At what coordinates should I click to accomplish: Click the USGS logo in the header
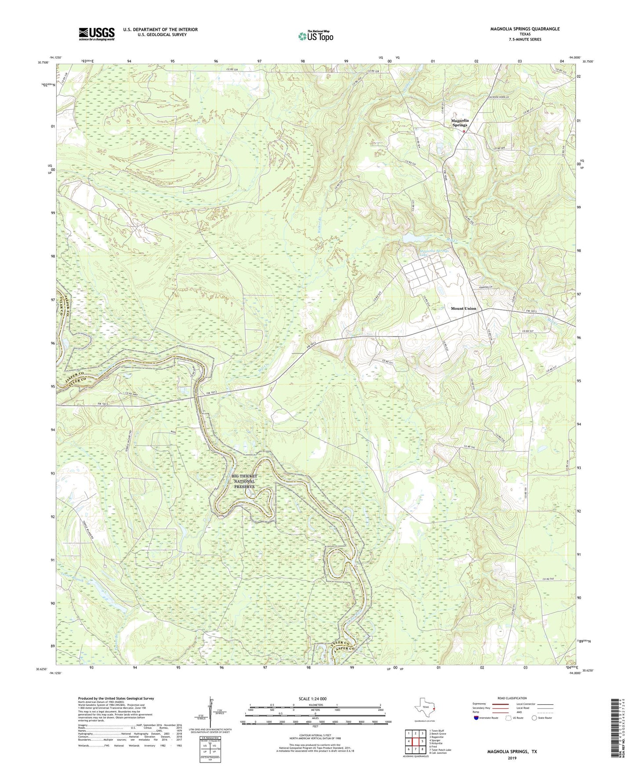(97, 34)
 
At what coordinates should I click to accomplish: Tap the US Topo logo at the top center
(316, 36)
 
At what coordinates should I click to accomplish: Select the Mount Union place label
(463, 308)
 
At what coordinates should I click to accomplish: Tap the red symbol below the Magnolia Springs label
(464, 130)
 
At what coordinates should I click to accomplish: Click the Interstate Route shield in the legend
(476, 730)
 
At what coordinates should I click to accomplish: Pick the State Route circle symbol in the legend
(534, 730)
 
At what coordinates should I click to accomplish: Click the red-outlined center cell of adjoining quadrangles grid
(415, 741)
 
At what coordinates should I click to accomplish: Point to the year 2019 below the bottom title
(512, 758)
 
